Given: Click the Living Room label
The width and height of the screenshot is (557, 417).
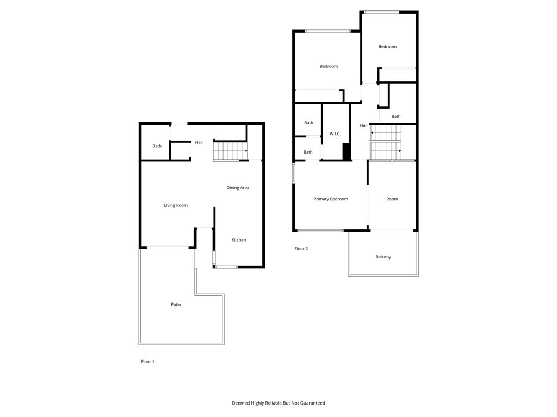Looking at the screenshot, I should [x=176, y=205].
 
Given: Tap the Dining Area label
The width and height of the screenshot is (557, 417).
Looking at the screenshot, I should [x=238, y=188].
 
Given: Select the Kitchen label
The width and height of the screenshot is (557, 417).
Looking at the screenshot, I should [x=239, y=240].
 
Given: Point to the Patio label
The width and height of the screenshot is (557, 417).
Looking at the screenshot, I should [x=176, y=305].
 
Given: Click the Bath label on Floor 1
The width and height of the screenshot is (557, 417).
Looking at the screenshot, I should [x=157, y=146].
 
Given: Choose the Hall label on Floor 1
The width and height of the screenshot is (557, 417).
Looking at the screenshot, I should [x=199, y=143].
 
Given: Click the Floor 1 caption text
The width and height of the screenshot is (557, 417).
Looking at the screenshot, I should [x=148, y=362].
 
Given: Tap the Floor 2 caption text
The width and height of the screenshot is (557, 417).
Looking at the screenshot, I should [x=301, y=249].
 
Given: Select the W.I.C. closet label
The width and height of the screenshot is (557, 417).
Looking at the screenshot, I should [x=335, y=134].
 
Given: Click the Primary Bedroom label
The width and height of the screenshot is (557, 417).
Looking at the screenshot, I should [x=331, y=199].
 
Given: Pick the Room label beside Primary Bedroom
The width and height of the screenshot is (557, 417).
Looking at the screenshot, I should [x=392, y=199].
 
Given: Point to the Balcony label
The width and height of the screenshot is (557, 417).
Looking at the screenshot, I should [x=383, y=257].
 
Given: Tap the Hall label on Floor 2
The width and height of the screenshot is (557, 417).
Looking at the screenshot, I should [x=363, y=125].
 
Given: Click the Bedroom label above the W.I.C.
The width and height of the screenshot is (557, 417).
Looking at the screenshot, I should [x=329, y=66].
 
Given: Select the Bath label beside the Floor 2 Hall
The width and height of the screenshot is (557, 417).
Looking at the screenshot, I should [x=396, y=116].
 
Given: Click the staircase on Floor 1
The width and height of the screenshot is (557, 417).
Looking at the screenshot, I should [x=230, y=151].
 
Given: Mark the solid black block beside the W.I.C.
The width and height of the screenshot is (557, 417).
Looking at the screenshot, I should [x=346, y=151].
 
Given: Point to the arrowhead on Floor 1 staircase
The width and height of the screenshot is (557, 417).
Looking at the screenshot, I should [x=246, y=151].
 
